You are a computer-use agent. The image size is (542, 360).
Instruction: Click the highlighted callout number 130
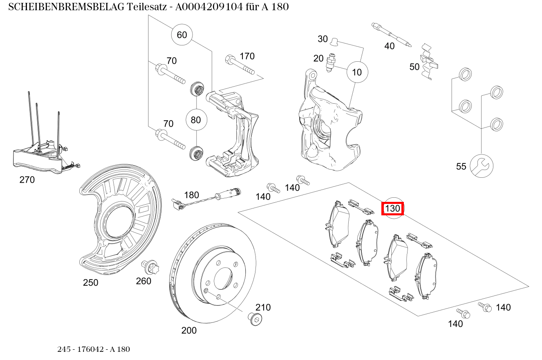(392, 209)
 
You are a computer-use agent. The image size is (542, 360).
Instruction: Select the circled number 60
(182, 35)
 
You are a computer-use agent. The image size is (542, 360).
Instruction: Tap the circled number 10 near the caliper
(357, 72)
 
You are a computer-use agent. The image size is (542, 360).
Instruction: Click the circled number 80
(196, 120)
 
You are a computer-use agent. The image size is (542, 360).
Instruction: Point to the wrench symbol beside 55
(482, 166)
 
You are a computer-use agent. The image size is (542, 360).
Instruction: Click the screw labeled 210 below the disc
(254, 319)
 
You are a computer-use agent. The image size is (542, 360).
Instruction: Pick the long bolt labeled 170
(239, 65)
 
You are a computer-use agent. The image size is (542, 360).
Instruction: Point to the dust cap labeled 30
(334, 41)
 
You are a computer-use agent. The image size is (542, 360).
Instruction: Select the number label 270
(27, 180)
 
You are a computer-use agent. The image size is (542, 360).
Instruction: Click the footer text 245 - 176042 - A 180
(94, 349)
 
